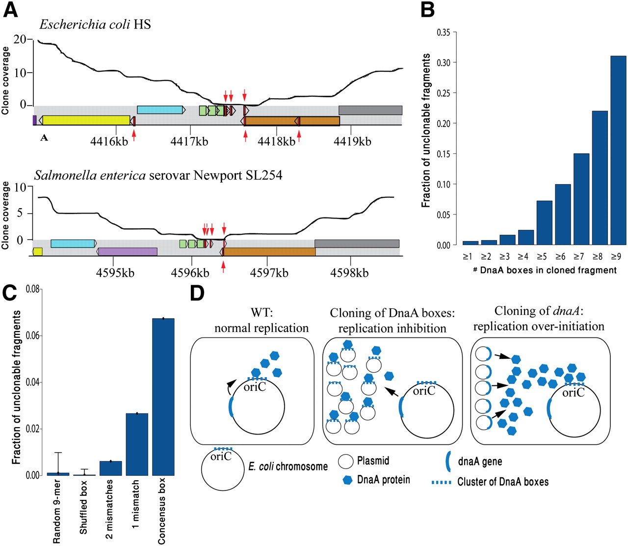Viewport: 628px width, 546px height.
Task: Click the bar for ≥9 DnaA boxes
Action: click(619, 150)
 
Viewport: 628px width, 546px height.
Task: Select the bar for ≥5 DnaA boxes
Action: click(544, 222)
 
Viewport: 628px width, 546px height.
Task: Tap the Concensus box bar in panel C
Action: click(163, 397)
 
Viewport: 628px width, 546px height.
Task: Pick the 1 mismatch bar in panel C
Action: click(137, 444)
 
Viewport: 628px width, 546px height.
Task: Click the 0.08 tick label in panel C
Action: click(33, 289)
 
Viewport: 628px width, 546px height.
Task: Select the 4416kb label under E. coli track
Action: click(109, 142)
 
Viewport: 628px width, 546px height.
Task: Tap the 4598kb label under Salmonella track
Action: click(349, 273)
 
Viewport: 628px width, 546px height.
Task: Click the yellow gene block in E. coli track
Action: click(86, 120)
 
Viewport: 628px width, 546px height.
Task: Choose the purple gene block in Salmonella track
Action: click(129, 251)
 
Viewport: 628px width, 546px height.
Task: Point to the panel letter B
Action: click(428, 9)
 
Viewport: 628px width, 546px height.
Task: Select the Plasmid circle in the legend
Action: click(346, 461)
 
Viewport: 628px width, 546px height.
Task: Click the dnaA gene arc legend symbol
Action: click(447, 461)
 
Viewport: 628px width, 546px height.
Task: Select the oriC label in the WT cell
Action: click(255, 387)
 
